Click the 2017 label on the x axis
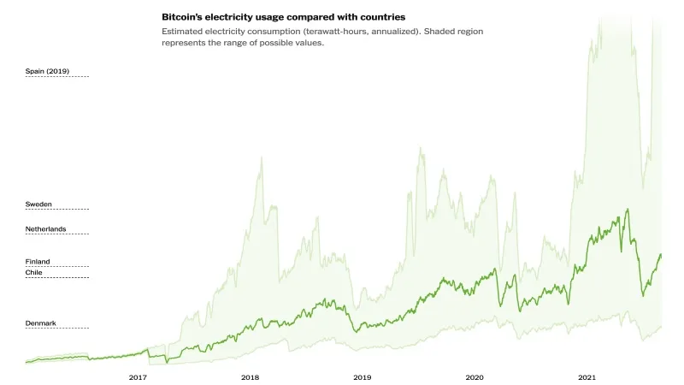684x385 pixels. [138, 376]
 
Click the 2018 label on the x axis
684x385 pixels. [250, 376]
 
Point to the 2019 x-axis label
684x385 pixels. [362, 376]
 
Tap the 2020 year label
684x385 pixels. [474, 376]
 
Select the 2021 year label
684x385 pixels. [587, 376]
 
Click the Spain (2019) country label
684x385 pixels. [46, 70]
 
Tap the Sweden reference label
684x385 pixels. [38, 204]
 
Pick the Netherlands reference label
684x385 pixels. [45, 229]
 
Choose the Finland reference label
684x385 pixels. [38, 261]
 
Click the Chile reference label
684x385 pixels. [33, 272]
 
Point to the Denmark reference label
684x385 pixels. [40, 323]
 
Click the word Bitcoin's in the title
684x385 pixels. [184, 16]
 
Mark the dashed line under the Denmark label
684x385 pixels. [57, 329]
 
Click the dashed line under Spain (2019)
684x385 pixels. [57, 76]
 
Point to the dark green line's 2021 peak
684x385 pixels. [628, 209]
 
